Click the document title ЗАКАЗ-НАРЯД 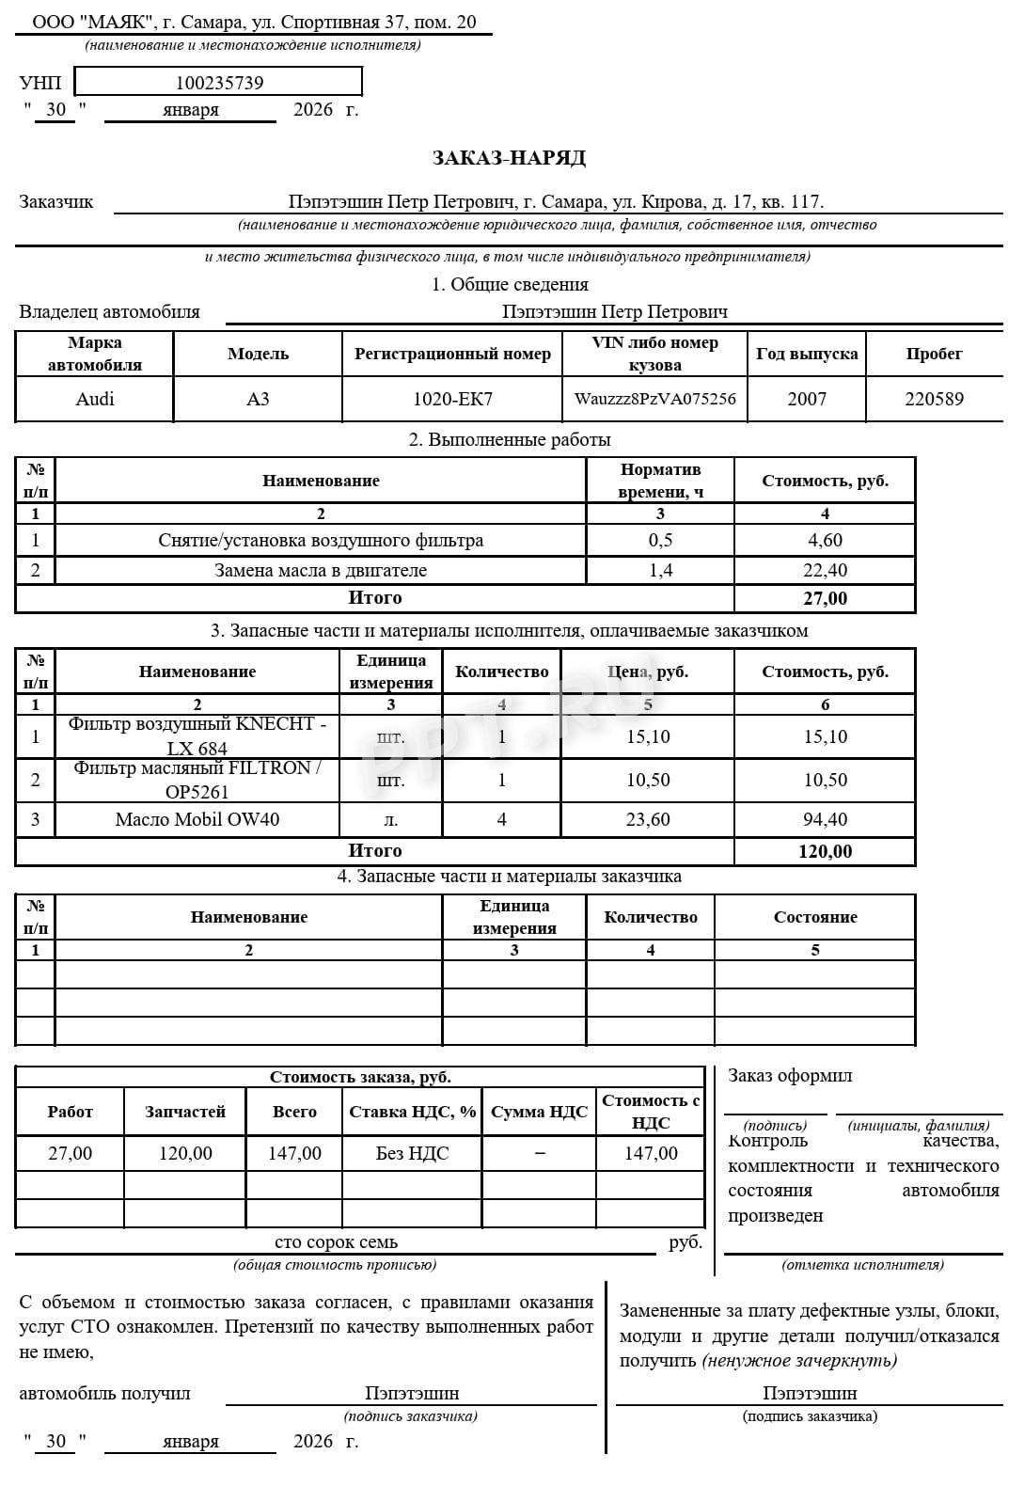click(509, 158)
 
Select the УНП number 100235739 click(219, 83)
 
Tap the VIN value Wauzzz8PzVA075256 click(654, 399)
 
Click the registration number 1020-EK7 click(452, 399)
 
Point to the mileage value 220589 click(934, 399)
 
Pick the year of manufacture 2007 click(807, 399)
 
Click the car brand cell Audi click(95, 399)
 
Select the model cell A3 click(258, 399)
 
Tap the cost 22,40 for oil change click(825, 570)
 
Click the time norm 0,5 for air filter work click(660, 540)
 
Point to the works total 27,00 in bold click(825, 598)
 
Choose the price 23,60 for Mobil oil click(648, 819)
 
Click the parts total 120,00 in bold click(825, 851)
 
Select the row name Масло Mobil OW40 click(197, 819)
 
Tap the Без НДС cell click(413, 1153)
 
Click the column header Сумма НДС click(540, 1112)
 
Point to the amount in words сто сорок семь click(336, 1242)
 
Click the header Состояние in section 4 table click(815, 917)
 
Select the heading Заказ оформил click(790, 1076)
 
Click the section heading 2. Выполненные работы click(510, 439)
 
